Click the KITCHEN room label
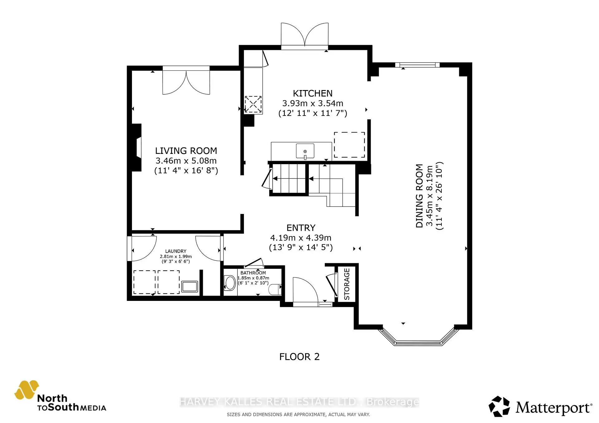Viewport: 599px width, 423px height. (312, 93)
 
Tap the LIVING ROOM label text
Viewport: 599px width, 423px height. (186, 151)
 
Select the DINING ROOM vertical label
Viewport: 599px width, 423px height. (419, 196)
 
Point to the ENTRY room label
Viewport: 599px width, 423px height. (301, 228)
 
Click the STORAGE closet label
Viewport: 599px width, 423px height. (347, 284)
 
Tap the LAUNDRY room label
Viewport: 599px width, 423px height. (176, 251)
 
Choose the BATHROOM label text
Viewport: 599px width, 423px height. (253, 273)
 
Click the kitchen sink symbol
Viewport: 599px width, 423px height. (305, 151)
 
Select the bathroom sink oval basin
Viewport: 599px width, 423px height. (230, 283)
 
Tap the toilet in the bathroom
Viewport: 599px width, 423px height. (275, 289)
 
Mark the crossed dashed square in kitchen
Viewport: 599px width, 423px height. (253, 104)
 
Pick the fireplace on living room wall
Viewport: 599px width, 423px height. (137, 147)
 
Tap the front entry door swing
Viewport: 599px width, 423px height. (305, 290)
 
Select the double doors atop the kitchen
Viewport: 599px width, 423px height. (304, 35)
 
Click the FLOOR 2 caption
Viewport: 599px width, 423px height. (299, 357)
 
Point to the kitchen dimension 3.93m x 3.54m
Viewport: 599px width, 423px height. (312, 103)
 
